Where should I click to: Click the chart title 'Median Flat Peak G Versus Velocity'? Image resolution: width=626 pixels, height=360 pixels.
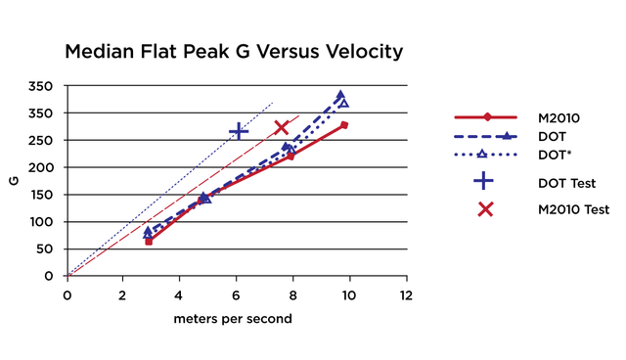(233, 51)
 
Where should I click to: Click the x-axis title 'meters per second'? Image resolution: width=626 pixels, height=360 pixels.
(233, 319)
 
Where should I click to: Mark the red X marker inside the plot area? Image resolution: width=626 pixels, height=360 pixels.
(282, 127)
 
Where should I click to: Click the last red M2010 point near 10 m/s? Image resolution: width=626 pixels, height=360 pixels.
(344, 125)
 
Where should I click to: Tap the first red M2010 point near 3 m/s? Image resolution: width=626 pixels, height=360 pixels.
(149, 241)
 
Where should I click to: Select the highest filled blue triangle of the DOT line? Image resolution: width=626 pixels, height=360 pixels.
(340, 96)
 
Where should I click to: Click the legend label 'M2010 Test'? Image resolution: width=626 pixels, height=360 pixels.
(574, 209)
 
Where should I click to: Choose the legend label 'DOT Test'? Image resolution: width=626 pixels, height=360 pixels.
(562, 182)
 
